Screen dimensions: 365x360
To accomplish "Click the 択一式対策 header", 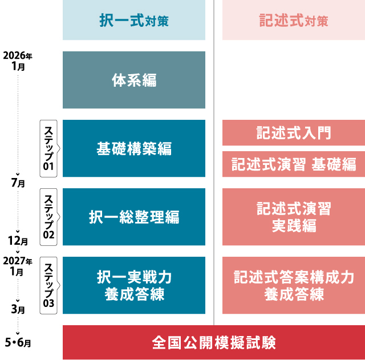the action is point(134,20).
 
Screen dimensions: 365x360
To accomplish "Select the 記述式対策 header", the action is point(294,20).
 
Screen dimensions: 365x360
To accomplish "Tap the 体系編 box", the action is point(134,80).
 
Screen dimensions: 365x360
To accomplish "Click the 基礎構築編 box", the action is point(134,148).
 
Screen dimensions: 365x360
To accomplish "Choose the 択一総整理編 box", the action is point(134,217).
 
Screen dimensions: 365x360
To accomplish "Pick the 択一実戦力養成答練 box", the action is point(134,285).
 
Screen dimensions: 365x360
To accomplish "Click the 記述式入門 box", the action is point(294,133).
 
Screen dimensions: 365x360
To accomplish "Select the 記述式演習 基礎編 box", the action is point(294,164).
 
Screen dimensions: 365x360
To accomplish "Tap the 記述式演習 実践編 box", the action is point(294,217).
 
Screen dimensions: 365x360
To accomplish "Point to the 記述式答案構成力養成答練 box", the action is point(294,285).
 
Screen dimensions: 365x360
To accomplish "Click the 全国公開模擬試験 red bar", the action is point(214,342).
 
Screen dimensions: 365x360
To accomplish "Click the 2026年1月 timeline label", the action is point(18,61).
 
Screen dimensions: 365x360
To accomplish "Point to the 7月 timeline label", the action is point(18,183).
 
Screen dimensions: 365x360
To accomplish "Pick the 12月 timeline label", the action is point(18,241).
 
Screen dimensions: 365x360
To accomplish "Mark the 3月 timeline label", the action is point(18,309).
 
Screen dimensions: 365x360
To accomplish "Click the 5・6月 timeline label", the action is point(18,342).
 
